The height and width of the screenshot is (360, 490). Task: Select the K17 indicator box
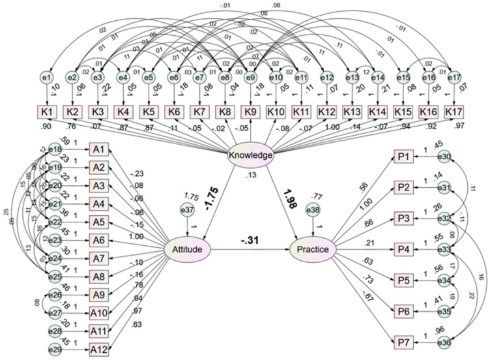click(x=454, y=112)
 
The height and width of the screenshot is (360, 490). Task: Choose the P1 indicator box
click(x=404, y=157)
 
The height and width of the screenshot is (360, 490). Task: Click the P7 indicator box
click(x=404, y=340)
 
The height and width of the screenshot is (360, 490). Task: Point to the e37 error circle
click(x=187, y=210)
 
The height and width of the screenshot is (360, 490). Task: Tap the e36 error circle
click(x=446, y=340)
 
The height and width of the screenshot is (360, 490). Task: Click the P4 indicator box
click(x=404, y=249)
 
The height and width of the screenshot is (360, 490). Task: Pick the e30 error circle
click(x=446, y=157)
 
